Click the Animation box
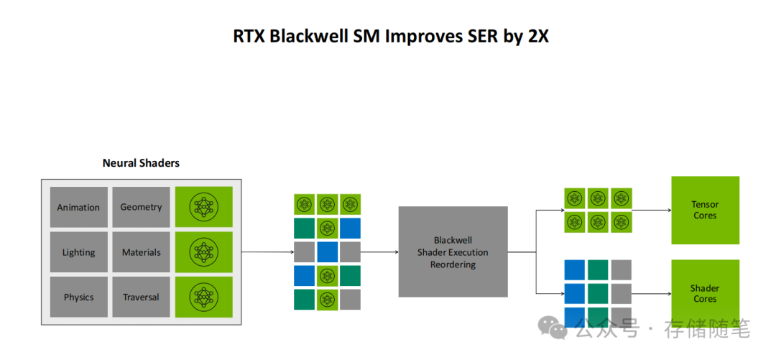(x=78, y=207)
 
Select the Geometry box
(x=141, y=207)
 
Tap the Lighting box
(x=78, y=252)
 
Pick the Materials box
(x=141, y=252)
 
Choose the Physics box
(x=78, y=297)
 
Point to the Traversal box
(x=141, y=297)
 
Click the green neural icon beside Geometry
(x=204, y=207)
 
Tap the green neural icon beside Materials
(x=204, y=252)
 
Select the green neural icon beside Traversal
(x=204, y=297)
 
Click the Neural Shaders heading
(x=141, y=163)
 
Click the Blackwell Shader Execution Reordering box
(x=453, y=252)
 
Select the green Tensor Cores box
(x=704, y=210)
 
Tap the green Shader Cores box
(x=704, y=293)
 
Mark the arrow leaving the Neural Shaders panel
(x=266, y=252)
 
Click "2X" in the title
(x=538, y=36)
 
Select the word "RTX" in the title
(x=249, y=36)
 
